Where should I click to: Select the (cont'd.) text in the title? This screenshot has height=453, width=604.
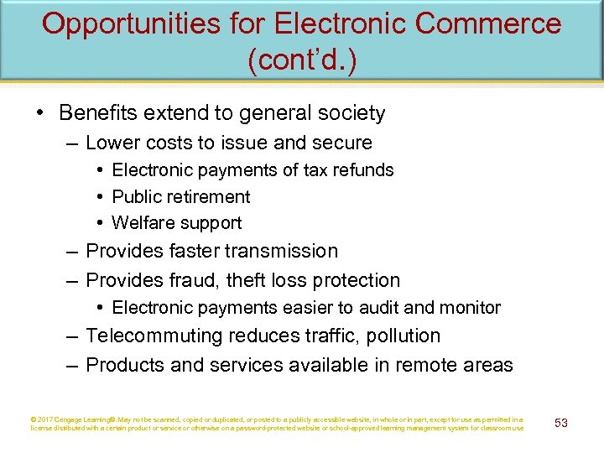click(x=301, y=61)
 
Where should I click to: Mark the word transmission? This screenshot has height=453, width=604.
click(x=280, y=252)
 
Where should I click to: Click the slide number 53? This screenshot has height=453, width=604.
click(x=561, y=423)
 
